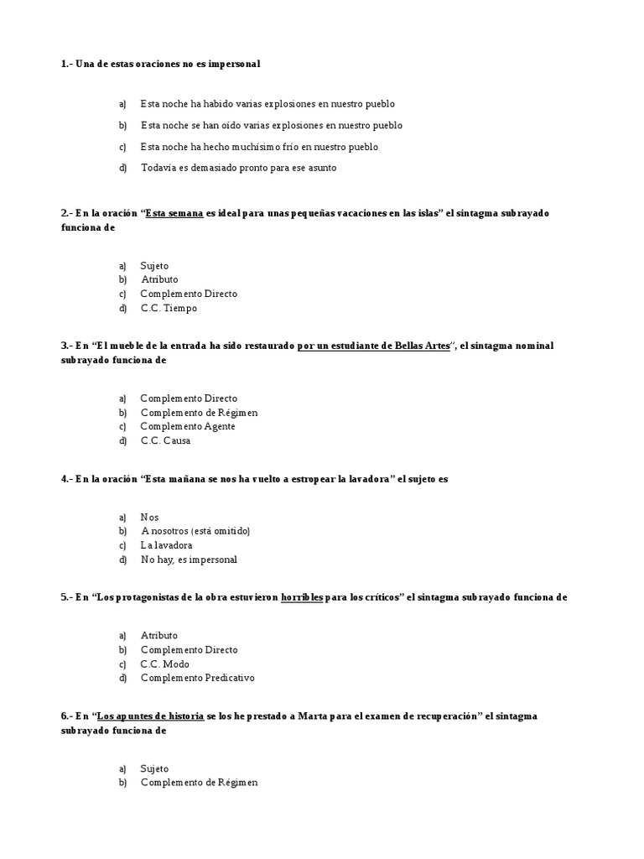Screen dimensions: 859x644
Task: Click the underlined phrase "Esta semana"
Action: click(174, 213)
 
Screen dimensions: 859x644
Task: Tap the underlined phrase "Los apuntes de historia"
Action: click(150, 716)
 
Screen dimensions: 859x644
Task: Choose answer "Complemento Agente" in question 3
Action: click(187, 426)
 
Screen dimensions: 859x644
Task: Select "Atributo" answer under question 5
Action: click(158, 635)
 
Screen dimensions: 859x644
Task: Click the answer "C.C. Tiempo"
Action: click(169, 308)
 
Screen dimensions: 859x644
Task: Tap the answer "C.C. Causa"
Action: click(165, 440)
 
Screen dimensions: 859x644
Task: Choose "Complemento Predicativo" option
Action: click(197, 678)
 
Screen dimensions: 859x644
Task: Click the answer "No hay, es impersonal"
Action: click(189, 560)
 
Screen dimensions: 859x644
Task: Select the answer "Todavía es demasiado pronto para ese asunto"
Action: click(238, 168)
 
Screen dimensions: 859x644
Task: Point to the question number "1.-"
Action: click(66, 64)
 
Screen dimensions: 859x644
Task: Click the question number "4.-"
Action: click(66, 479)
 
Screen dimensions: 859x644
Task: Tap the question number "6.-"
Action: click(66, 716)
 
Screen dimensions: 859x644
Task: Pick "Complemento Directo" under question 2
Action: click(189, 294)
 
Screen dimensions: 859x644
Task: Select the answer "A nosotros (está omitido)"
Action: click(195, 531)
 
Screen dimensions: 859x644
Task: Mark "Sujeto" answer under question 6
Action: click(154, 768)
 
